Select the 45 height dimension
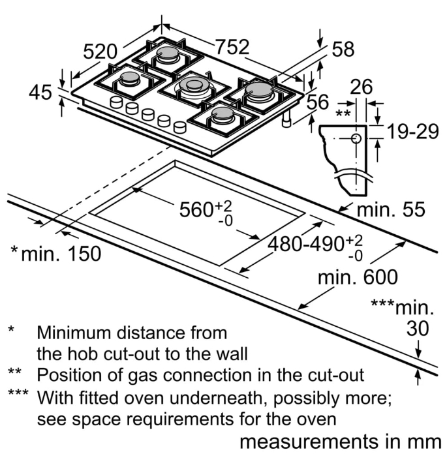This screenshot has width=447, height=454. click(40, 93)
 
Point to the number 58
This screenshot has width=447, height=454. click(343, 50)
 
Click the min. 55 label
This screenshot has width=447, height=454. click(390, 209)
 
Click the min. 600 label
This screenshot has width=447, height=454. click(357, 277)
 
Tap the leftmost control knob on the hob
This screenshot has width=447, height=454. click(117, 102)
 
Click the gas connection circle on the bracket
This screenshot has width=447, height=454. click(356, 138)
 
